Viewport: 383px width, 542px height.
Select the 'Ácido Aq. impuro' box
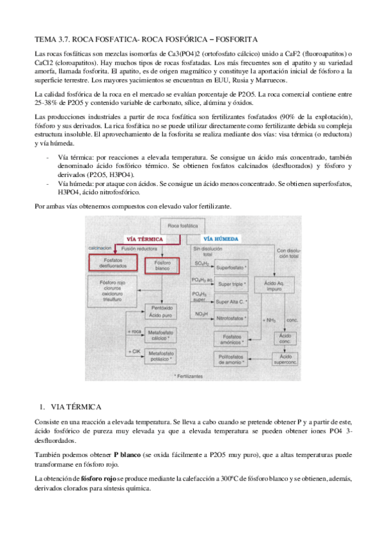coord(278,284)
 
